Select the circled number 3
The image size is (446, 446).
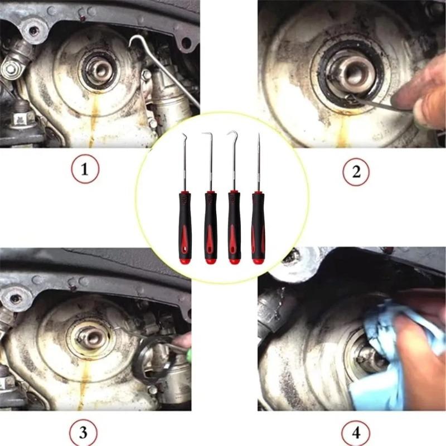coord(85,433)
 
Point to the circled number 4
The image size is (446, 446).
coord(356,433)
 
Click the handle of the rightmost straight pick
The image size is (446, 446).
coord(257,226)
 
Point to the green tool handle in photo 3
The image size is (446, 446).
coord(186,341)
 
